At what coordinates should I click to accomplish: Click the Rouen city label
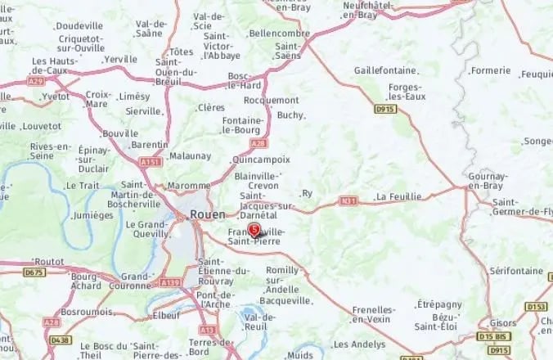tap(206, 214)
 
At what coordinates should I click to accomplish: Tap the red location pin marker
tap(254, 229)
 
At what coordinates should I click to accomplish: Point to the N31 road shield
tap(349, 199)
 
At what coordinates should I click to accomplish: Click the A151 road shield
tap(151, 163)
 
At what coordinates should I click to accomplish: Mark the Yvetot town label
tap(56, 96)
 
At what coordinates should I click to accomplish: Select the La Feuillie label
tap(398, 197)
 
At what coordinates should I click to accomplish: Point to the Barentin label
tap(150, 144)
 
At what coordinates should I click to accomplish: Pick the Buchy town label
tap(290, 115)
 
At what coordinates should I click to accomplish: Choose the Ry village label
tap(308, 193)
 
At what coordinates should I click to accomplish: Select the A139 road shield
tap(169, 282)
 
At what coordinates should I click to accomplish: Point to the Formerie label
tap(491, 70)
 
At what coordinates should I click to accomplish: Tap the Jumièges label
tap(93, 215)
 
